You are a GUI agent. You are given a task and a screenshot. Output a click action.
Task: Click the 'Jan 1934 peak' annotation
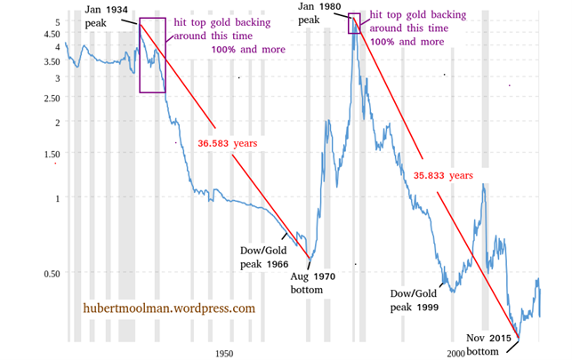[106, 16]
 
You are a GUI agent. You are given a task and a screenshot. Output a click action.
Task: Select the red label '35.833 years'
[443, 176]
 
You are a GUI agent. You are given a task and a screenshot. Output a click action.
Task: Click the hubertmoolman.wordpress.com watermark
[169, 308]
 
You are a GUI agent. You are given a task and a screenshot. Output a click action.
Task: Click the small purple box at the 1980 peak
[354, 24]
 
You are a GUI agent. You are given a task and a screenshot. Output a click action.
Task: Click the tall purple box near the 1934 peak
[152, 54]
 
